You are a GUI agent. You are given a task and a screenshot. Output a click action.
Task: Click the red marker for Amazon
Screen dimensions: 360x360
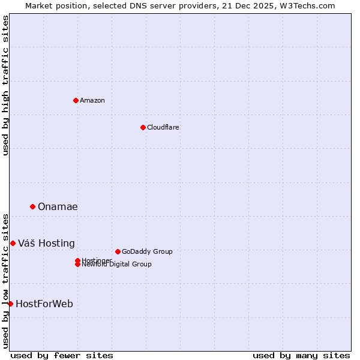click(76, 100)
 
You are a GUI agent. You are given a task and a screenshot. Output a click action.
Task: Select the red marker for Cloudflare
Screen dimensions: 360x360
click(143, 127)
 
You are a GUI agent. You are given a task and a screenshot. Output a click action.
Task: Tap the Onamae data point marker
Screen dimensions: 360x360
click(32, 206)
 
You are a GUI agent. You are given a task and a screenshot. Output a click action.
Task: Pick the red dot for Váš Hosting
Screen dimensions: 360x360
click(13, 243)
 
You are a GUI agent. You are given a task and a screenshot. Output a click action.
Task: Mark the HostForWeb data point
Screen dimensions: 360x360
click(10, 304)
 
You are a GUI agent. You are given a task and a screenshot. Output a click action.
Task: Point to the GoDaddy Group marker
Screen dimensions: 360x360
click(118, 251)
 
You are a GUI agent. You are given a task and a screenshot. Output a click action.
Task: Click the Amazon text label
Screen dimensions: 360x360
click(92, 100)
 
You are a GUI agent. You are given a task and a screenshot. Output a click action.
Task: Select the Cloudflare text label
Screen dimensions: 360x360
click(163, 127)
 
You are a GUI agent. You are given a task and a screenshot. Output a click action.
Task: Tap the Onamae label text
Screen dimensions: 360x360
click(58, 207)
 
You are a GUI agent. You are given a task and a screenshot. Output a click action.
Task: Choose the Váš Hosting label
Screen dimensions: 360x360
click(46, 244)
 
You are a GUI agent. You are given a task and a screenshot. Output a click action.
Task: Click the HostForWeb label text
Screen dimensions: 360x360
click(44, 304)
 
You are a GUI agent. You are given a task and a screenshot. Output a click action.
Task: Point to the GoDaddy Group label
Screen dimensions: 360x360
click(147, 251)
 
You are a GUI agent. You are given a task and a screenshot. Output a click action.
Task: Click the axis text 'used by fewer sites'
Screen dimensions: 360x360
click(62, 355)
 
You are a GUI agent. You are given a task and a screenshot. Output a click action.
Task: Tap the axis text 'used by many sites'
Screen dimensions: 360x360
click(301, 355)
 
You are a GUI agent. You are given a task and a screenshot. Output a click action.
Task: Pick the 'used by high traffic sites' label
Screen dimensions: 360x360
click(6, 85)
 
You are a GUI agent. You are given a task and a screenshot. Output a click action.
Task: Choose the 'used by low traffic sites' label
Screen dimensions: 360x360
click(6, 280)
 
